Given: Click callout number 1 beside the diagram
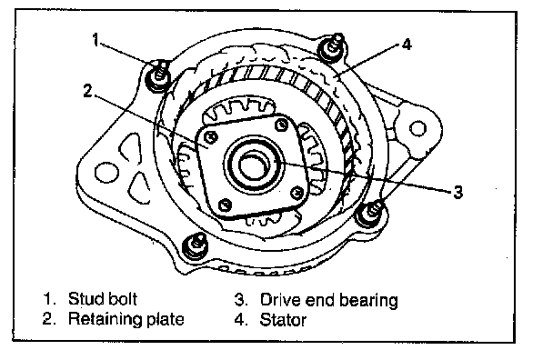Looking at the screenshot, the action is (96, 39).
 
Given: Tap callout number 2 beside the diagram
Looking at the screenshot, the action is (88, 91).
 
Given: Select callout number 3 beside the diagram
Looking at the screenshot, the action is (457, 193).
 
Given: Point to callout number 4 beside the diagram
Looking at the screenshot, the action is (407, 45).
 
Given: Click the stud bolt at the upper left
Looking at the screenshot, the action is (158, 75).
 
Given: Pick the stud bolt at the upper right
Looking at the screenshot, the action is (333, 46).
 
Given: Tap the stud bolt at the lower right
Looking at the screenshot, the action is (372, 212).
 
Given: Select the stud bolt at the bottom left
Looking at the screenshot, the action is (195, 245).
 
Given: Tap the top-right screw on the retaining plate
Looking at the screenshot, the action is (281, 125).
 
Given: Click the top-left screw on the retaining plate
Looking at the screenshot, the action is (211, 138).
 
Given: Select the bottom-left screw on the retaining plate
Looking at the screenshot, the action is (225, 205).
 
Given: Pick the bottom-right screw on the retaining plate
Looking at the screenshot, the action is (297, 192).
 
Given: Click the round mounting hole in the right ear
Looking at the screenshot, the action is (417, 128).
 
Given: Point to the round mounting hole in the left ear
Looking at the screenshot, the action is (106, 173).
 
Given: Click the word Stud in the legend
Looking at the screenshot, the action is (85, 299).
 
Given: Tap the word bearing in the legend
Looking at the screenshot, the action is (368, 301).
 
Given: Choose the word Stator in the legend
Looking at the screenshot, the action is (283, 320).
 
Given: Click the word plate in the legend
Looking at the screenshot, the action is (165, 319).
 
